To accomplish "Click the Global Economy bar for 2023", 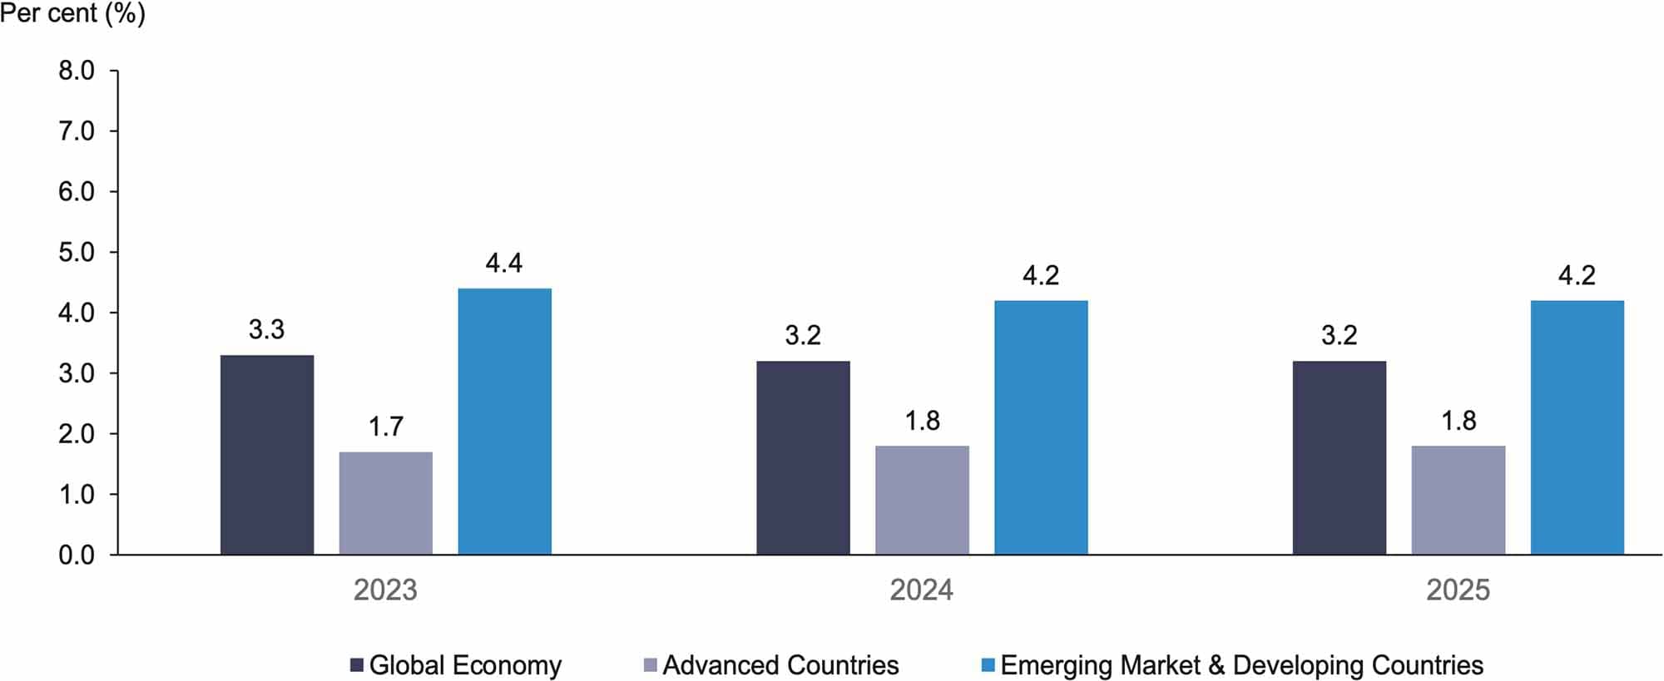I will point(267,455).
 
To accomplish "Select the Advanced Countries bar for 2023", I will point(386,503).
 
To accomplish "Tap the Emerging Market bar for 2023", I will point(505,422).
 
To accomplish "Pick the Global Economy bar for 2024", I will point(803,457).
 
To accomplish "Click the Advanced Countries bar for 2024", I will point(922,500).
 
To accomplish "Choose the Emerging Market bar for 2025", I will point(1577,427).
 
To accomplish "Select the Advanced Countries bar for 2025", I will point(1458,500).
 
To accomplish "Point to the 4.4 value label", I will point(504,264).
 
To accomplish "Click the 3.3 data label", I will point(266,330).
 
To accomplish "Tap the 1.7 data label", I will point(386,427).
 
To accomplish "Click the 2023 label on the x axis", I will point(385,590).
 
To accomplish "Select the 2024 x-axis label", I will point(921,590).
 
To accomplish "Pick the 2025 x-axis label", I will point(1458,590).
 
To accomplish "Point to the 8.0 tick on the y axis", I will point(77,72).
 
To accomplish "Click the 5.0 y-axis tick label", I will point(77,253).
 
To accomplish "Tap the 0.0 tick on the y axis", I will point(77,555).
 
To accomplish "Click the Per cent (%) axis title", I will point(73,13).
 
